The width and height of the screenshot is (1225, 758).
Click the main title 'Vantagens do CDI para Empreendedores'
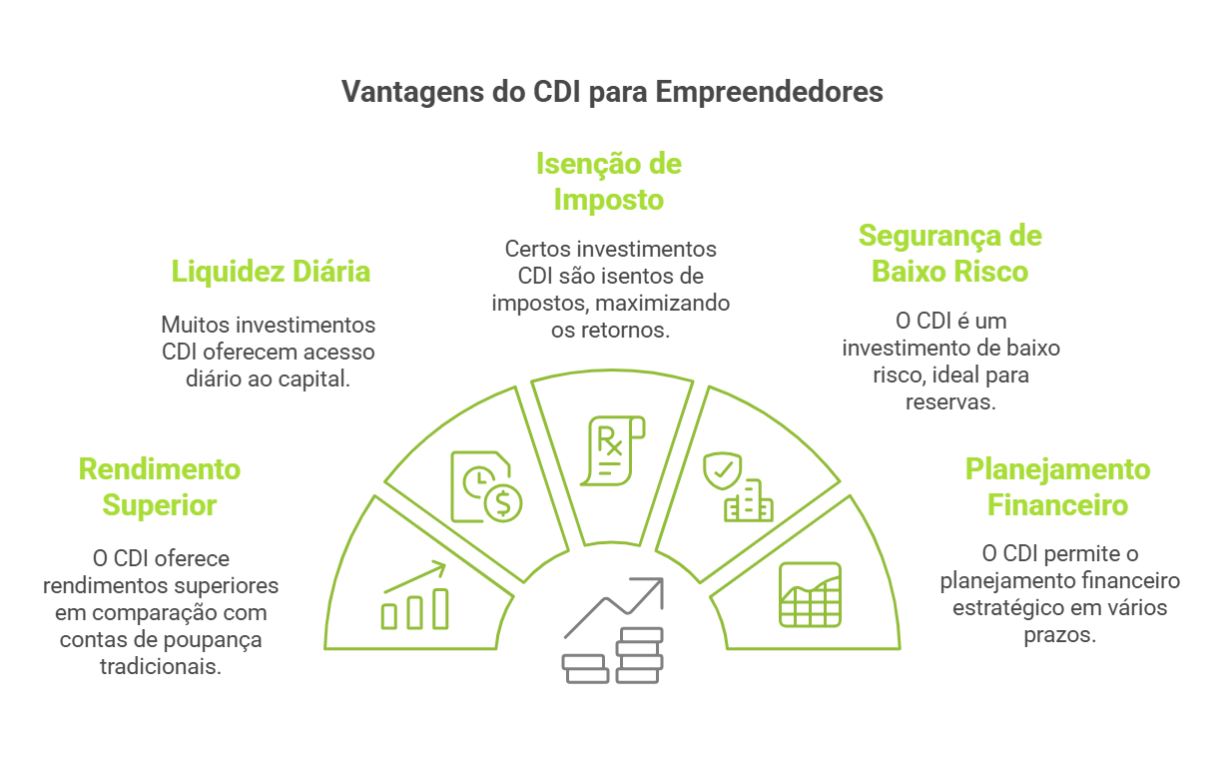[612, 92]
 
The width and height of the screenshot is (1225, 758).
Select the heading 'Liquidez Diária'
[271, 271]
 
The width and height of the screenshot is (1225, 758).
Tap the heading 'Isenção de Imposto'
[609, 181]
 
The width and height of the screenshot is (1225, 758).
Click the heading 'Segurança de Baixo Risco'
[949, 254]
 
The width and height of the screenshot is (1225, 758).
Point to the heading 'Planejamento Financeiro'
[1057, 486]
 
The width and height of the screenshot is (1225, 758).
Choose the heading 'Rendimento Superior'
[160, 486]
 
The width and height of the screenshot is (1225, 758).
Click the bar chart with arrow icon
[414, 596]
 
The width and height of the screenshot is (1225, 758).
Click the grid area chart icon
[810, 594]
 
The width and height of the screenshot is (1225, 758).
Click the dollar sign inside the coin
[502, 504]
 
